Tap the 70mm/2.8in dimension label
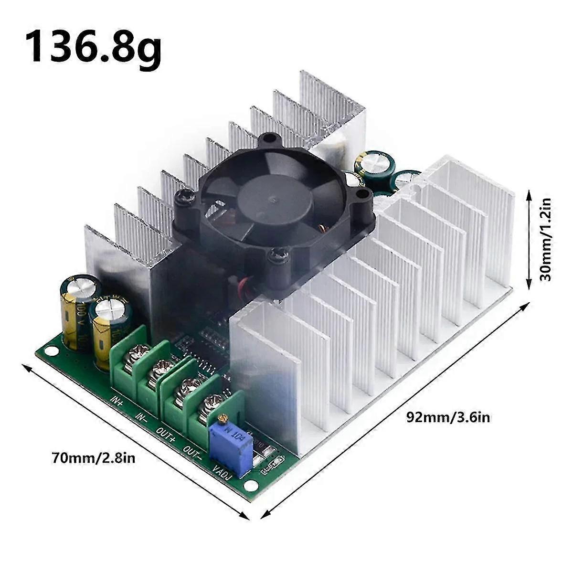click(94, 459)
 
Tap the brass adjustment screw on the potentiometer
click(221, 419)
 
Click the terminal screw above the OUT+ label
click(183, 385)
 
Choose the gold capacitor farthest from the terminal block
click(80, 308)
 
